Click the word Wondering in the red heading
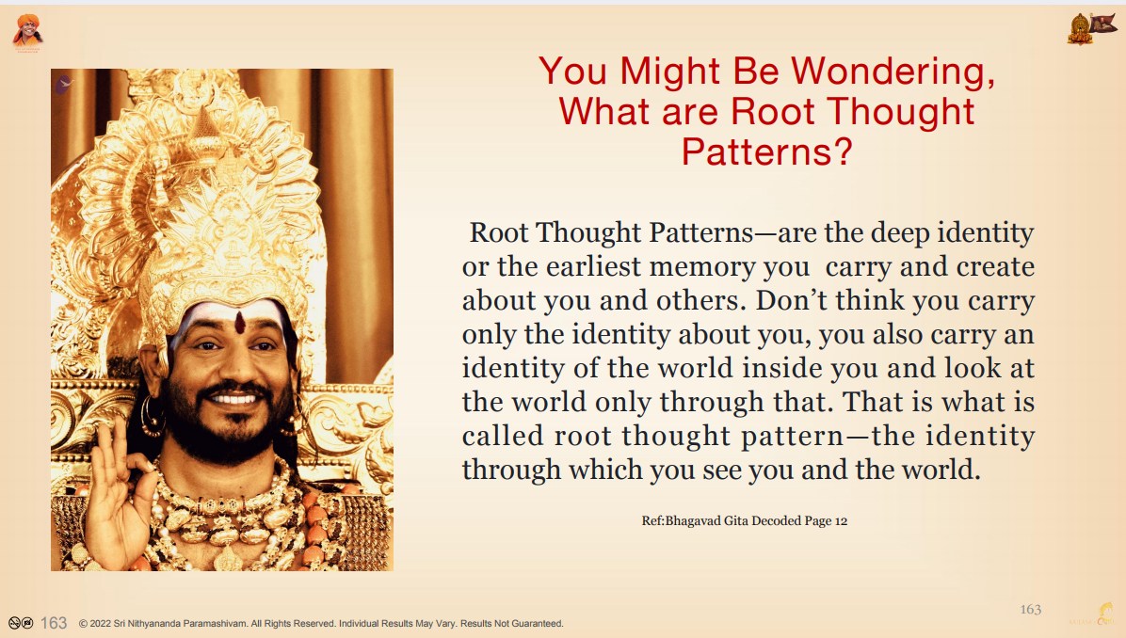tap(893, 72)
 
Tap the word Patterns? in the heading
tap(767, 152)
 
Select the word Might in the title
tap(670, 72)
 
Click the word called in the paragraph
tap(503, 435)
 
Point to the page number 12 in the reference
tap(841, 521)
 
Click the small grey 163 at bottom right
tap(1031, 609)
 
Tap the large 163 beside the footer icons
tap(53, 623)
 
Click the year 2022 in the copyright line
tap(100, 624)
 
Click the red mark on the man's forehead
tap(240, 322)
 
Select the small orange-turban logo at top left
tap(27, 32)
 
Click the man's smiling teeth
tap(233, 398)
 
